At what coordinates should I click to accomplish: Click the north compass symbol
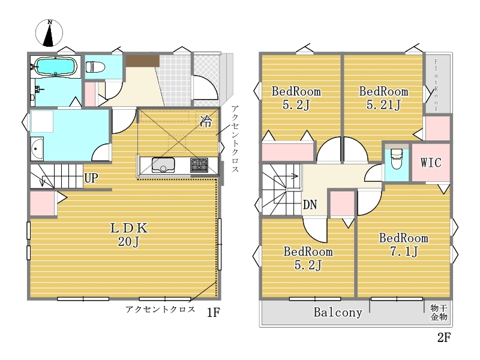tap(49, 33)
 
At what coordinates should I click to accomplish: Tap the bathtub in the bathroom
tap(55, 66)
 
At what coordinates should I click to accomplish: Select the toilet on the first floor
tap(95, 67)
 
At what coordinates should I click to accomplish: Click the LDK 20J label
tap(129, 235)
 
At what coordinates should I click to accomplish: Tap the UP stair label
tap(91, 178)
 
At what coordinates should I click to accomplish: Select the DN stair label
tap(310, 205)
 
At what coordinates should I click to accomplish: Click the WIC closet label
tap(431, 163)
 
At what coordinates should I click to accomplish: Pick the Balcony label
tap(338, 312)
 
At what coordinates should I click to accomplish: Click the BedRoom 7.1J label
tap(403, 245)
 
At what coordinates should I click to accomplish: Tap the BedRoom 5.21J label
tap(383, 98)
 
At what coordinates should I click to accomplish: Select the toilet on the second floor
tap(397, 158)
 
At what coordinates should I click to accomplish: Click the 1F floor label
tap(214, 313)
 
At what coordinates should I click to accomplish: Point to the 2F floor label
tap(444, 337)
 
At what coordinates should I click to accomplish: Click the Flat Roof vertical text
tap(436, 85)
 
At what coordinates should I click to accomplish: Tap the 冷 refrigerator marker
tap(205, 121)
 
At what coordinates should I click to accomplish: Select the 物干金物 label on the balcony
tap(439, 312)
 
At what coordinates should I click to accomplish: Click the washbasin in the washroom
tap(37, 149)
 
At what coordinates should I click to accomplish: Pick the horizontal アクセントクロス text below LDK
tap(160, 309)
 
